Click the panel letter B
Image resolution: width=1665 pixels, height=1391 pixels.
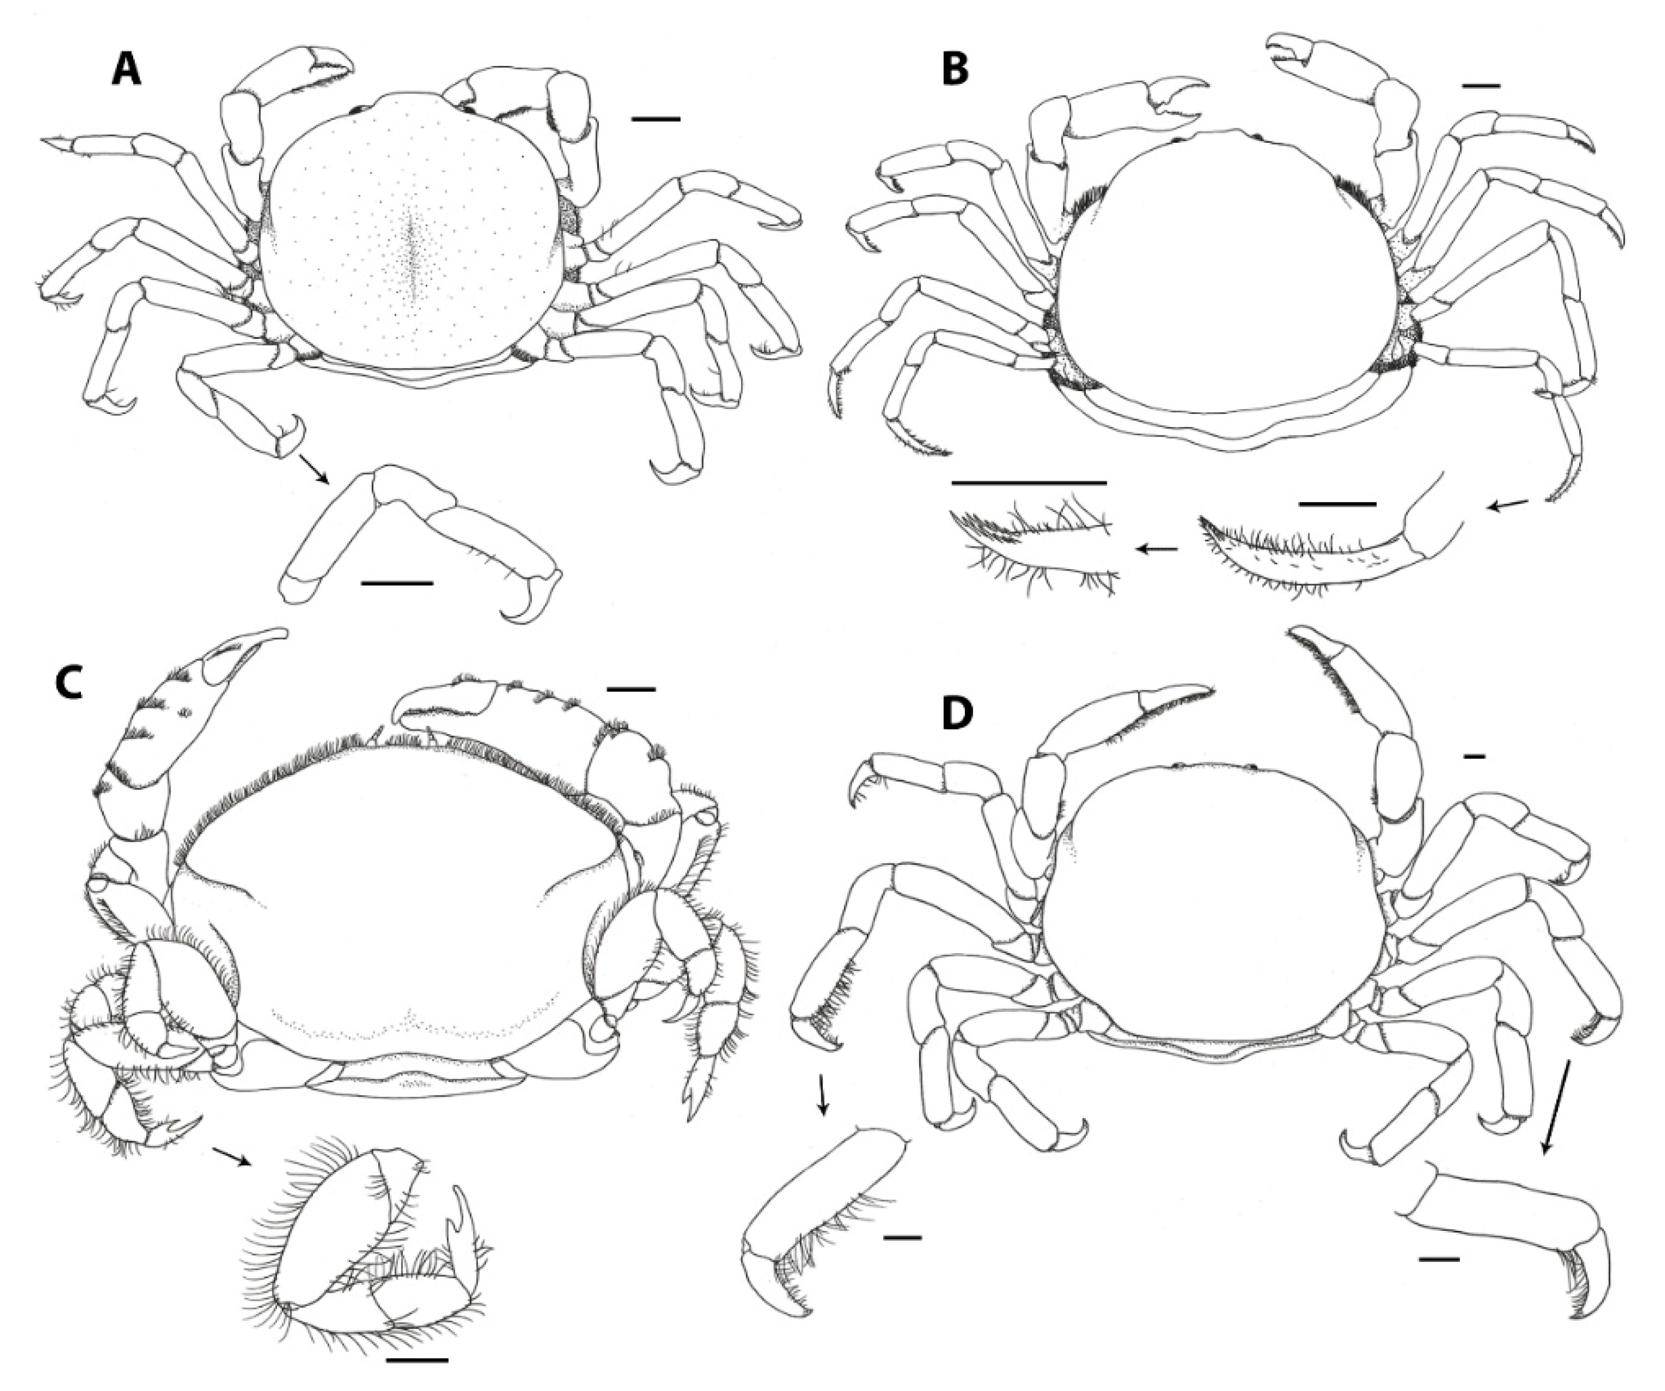click(955, 69)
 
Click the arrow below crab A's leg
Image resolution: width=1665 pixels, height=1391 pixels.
click(312, 468)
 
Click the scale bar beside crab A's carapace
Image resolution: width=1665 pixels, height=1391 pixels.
click(656, 119)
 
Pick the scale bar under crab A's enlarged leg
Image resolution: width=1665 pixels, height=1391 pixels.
click(396, 583)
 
